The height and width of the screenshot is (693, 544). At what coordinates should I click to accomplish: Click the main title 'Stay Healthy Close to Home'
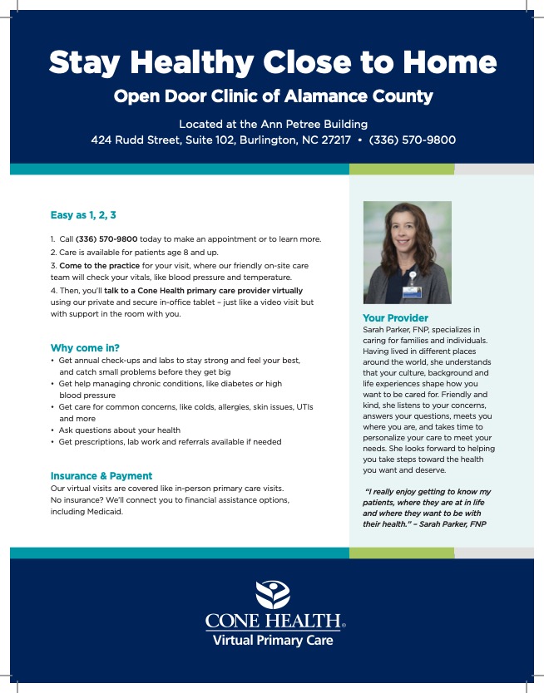272,61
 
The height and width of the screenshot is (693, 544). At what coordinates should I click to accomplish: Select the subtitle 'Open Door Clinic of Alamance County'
273,96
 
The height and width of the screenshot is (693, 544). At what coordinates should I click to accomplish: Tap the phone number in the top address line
412,140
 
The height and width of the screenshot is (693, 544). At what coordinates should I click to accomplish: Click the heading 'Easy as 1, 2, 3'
83,215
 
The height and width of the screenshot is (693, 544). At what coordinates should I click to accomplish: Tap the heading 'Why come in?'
86,347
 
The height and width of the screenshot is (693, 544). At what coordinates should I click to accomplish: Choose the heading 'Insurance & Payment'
101,476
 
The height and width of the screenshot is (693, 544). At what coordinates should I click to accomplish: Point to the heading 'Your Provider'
395,318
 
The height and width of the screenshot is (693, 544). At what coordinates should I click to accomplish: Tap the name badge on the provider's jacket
412,291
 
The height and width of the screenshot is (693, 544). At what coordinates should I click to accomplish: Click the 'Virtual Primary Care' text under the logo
272,641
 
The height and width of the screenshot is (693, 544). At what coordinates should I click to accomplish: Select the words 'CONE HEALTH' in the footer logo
272,622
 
